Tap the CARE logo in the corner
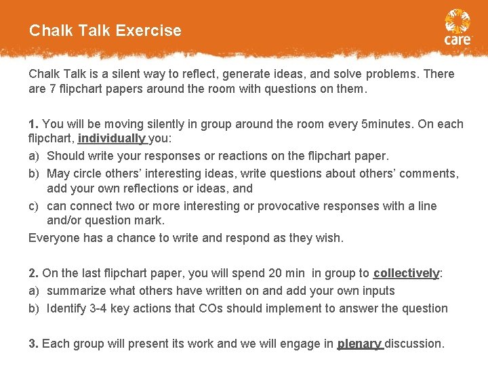457,28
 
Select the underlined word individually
111,138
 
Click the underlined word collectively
406,273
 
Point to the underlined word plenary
359,344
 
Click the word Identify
67,308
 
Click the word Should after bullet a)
64,156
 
